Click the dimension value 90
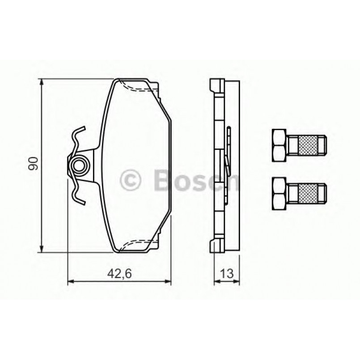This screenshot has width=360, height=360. (x=33, y=165)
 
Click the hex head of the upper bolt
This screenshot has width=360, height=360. (x=278, y=145)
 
